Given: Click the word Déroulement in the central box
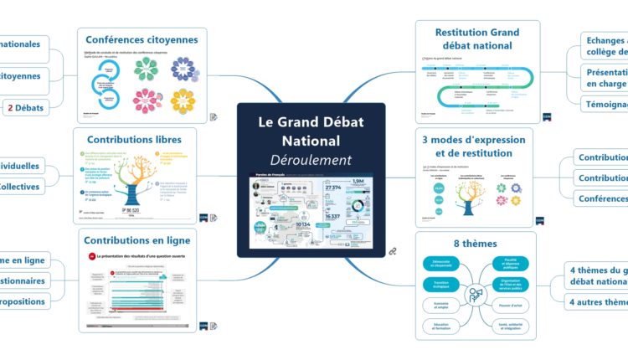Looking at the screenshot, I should [x=311, y=160].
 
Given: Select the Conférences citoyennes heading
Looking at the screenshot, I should [x=142, y=39].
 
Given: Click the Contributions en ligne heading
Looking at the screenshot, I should [x=139, y=239].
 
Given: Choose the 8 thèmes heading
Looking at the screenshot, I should [x=473, y=244].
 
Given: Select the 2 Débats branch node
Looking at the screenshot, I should [x=26, y=106].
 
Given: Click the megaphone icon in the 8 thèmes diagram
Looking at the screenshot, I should [x=475, y=295].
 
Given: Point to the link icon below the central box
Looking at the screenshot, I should [x=391, y=251].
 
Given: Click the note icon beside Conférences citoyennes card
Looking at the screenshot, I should [x=214, y=117].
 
